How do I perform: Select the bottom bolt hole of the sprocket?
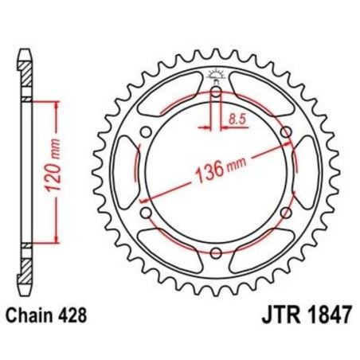[216, 253]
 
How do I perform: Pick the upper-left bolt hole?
[145, 132]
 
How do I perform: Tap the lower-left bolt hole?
[145, 213]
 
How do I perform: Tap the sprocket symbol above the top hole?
[216, 76]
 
